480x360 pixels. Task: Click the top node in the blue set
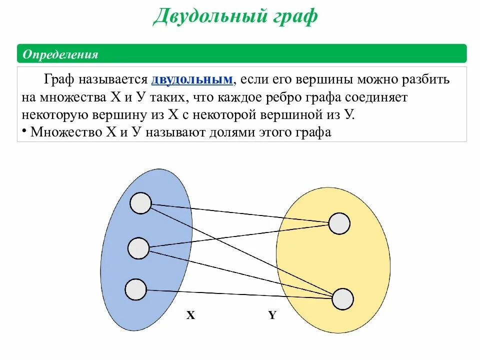[140, 203]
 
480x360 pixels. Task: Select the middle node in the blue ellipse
[138, 248]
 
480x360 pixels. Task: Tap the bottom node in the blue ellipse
[135, 289]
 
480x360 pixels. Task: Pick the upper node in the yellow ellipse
[339, 223]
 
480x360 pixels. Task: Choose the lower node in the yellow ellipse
[342, 298]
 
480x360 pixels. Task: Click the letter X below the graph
[190, 315]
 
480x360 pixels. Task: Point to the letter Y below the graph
[272, 315]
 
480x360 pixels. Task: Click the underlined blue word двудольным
[192, 80]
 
